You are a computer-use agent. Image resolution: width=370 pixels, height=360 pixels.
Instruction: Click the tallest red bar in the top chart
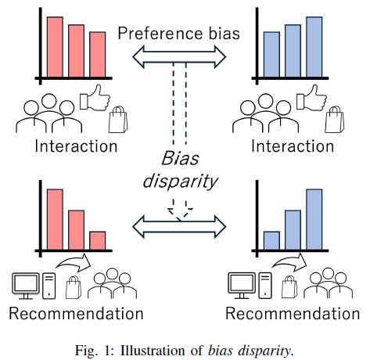55,47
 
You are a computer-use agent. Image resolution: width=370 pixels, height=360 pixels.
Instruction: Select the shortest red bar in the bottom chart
98,240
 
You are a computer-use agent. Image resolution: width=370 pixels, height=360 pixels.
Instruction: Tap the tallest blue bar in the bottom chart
314,219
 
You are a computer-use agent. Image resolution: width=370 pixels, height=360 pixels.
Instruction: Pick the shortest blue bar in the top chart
271,55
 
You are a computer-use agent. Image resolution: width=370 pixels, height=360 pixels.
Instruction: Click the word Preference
160,34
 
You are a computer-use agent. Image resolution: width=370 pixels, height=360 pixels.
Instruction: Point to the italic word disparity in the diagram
180,181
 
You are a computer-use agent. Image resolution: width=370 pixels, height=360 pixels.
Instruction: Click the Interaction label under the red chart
76,146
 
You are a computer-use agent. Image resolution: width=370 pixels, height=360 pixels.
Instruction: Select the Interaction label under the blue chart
293,146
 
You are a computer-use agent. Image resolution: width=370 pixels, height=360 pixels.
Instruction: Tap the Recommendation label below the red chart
76,313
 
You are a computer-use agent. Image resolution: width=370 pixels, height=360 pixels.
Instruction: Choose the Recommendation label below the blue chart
293,313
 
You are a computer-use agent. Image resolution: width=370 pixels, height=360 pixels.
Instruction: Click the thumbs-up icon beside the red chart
95,98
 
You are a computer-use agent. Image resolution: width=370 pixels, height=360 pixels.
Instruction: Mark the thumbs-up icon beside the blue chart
311,98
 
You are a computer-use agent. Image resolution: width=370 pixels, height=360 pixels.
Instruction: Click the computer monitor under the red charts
26,286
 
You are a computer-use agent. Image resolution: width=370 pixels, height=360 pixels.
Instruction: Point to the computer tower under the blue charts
265,286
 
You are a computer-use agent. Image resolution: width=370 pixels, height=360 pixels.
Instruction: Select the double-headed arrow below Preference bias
179,57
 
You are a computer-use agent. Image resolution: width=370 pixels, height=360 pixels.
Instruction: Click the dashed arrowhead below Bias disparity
180,213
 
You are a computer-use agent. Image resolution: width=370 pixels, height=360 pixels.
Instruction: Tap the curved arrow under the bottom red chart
74,262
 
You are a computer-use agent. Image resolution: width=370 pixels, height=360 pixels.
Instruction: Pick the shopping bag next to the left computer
74,287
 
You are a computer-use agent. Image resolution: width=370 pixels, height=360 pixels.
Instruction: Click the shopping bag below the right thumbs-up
335,120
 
